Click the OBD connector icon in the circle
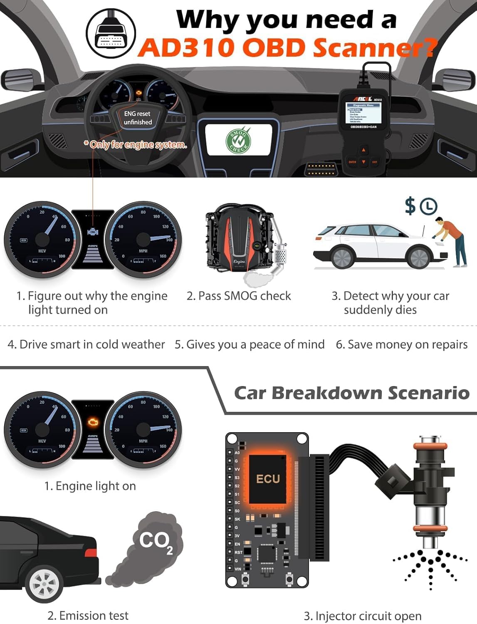coord(111,34)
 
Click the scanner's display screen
coord(363,114)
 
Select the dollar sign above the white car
coord(410,206)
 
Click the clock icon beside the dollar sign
coord(428,206)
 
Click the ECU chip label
coord(268,479)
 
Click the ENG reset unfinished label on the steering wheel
coord(138,118)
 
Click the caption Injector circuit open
coord(363,616)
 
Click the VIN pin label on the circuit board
coord(238,569)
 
